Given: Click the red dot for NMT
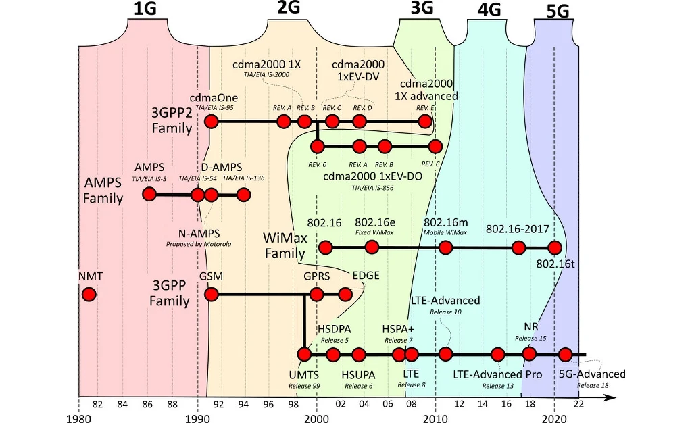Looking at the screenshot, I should click(x=89, y=295).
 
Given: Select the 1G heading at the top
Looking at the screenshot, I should click(x=147, y=9).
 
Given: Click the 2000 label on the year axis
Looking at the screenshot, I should click(x=316, y=418).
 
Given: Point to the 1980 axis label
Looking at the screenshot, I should click(x=78, y=418).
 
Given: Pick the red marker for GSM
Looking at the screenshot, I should click(x=212, y=295).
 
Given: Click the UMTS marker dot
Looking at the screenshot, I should click(x=304, y=354).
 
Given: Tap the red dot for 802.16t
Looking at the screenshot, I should click(x=554, y=248).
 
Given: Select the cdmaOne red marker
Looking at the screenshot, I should click(x=212, y=122).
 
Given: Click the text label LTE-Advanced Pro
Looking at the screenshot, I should click(x=497, y=374).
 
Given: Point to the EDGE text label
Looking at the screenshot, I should click(x=366, y=275).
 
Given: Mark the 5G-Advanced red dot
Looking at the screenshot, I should click(x=566, y=354).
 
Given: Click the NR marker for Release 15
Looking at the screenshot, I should click(x=529, y=353).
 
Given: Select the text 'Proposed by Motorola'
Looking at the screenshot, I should click(x=199, y=243).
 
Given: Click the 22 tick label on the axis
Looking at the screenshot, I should click(x=578, y=404).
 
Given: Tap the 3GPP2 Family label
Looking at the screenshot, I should click(x=172, y=120).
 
